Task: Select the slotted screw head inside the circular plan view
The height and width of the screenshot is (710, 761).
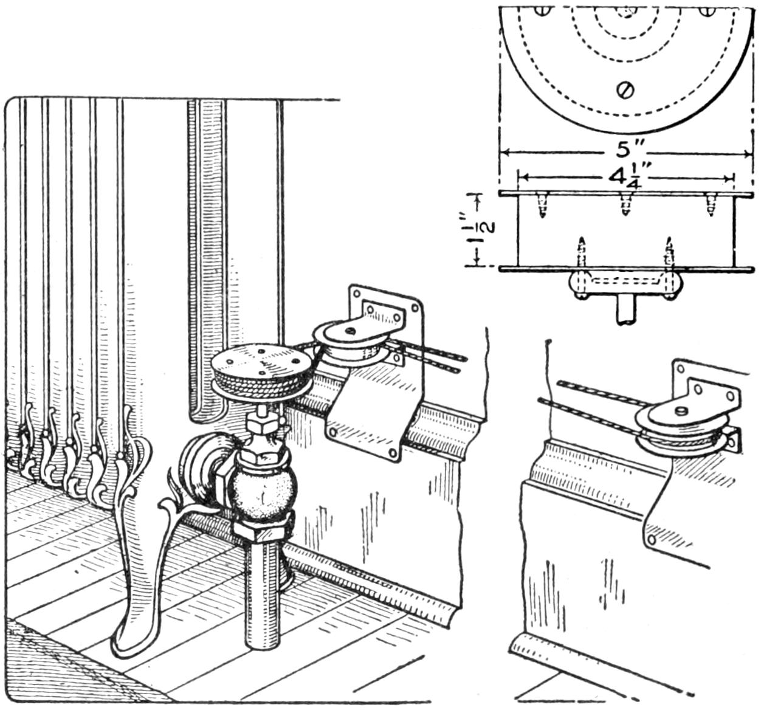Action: point(625,90)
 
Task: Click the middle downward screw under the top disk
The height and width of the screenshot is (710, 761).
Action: point(625,205)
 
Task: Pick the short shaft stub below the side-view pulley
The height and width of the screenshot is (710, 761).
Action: point(625,310)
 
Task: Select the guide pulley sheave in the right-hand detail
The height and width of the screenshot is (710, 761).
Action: point(678,433)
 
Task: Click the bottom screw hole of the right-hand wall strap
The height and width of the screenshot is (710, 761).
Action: point(652,539)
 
